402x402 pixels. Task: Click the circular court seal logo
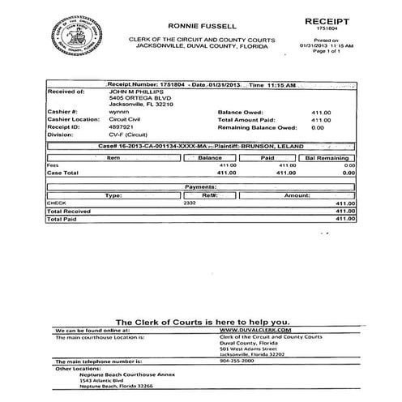pyautogui.click(x=76, y=36)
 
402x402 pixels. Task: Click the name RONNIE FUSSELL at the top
pyautogui.click(x=202, y=26)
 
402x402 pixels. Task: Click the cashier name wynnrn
pyautogui.click(x=118, y=112)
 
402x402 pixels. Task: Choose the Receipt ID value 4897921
pyautogui.click(x=122, y=126)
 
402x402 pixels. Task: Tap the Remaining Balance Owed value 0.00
pyautogui.click(x=318, y=126)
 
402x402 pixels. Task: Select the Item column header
pyautogui.click(x=114, y=157)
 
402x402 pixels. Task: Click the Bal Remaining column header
pyautogui.click(x=326, y=157)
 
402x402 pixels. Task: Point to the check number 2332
pyautogui.click(x=212, y=203)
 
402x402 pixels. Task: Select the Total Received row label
pyautogui.click(x=67, y=210)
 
